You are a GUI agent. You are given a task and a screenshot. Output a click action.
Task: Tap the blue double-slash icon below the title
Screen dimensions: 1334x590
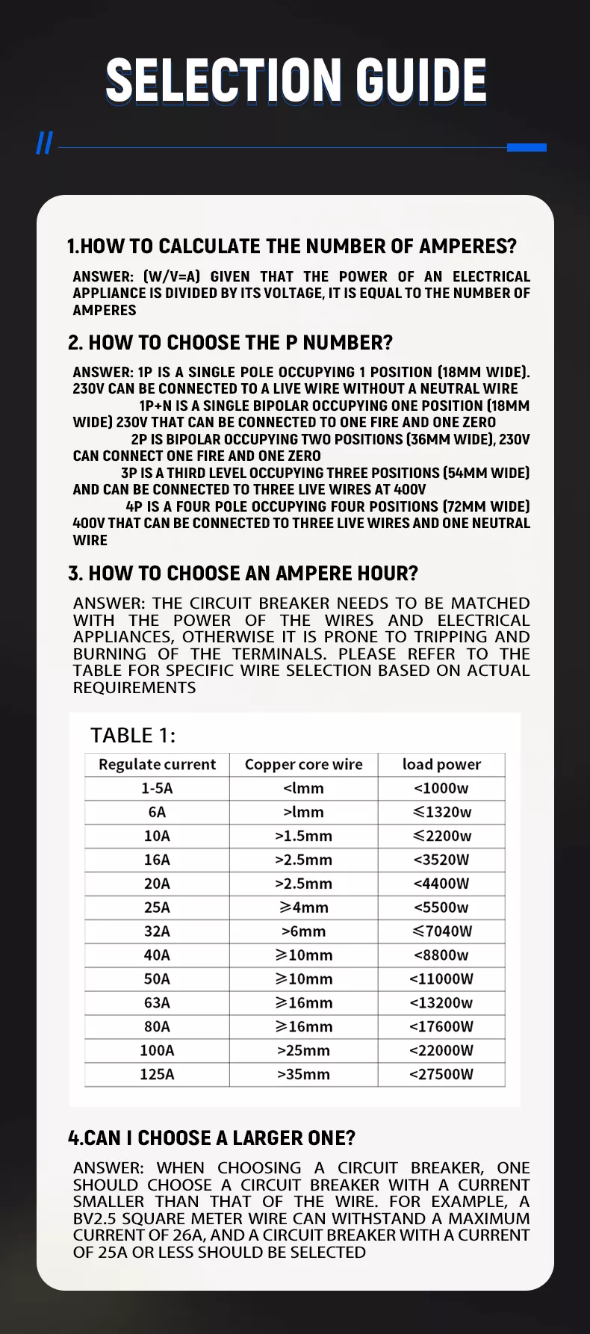[45, 143]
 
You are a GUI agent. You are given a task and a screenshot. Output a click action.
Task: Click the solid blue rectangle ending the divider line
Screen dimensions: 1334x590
[527, 147]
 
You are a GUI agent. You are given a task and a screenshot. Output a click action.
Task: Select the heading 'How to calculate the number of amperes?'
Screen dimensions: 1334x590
[292, 246]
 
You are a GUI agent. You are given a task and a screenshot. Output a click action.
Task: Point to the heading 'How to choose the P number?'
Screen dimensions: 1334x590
[230, 342]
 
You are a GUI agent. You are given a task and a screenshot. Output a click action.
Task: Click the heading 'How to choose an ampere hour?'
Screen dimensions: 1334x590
[243, 573]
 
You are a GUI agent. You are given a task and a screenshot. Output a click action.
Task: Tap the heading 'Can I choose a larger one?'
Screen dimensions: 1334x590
[211, 1138]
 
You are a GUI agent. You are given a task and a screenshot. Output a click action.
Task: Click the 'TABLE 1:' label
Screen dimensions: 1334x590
[133, 735]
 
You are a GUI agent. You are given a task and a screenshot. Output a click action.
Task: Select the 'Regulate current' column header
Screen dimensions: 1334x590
[157, 764]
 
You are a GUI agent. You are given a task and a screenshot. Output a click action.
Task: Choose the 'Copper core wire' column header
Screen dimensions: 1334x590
[303, 764]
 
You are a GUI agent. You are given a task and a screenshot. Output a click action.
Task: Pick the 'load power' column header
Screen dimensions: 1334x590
[441, 764]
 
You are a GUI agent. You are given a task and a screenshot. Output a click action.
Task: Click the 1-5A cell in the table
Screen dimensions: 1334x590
[157, 788]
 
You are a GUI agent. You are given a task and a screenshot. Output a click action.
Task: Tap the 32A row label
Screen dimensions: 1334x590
[157, 931]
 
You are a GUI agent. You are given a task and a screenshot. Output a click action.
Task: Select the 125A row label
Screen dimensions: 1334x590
[157, 1074]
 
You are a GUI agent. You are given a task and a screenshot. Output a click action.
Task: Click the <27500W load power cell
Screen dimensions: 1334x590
[441, 1074]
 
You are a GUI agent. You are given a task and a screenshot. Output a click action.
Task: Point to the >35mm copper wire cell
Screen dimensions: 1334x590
[303, 1074]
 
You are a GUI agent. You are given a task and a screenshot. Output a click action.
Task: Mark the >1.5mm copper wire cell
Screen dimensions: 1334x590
[303, 836]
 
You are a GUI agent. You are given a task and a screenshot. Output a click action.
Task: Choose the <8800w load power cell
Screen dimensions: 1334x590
[441, 955]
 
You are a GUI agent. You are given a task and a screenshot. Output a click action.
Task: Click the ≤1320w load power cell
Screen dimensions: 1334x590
[441, 812]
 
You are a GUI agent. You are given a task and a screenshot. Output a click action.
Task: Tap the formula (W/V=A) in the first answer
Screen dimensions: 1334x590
[172, 276]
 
